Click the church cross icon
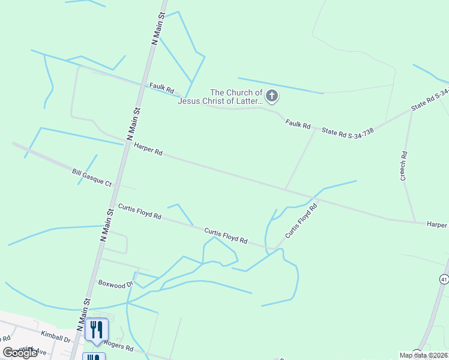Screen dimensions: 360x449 272,96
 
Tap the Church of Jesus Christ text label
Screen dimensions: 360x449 220,97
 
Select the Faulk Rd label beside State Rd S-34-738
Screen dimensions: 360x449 298,125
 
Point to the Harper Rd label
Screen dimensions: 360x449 148,149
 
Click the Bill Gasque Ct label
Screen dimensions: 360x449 92,178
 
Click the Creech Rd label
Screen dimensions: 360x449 404,166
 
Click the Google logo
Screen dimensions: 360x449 20,352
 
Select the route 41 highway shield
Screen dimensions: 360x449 444,279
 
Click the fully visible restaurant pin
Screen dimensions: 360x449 96,329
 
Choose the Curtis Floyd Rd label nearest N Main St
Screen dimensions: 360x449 139,212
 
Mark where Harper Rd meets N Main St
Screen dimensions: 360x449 127,143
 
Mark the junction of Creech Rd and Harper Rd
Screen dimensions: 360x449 415,222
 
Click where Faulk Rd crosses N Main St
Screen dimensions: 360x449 142,86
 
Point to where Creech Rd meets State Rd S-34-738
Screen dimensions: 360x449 411,111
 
